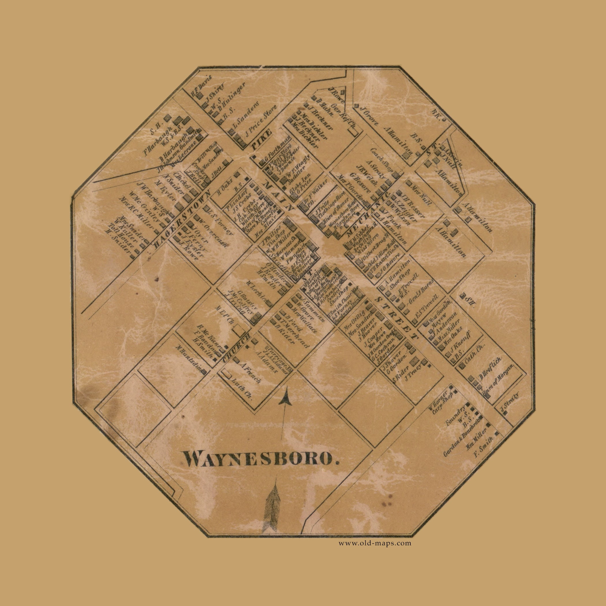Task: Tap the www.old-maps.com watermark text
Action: coord(375,543)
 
